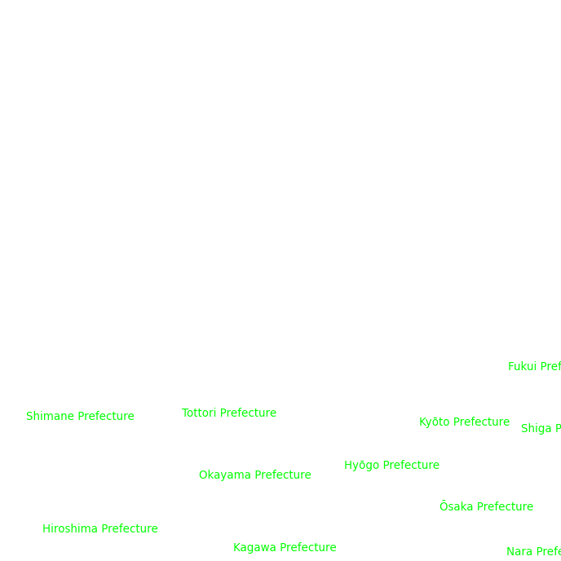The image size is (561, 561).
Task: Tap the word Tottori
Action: coord(199,413)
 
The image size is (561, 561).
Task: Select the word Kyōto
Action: coord(435,422)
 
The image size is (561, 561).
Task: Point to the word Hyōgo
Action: coord(362,466)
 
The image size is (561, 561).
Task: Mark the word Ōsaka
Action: coord(456,507)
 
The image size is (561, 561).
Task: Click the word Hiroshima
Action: coord(70,529)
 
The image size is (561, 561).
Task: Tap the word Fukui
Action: coord(522,367)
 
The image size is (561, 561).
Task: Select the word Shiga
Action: coord(536,429)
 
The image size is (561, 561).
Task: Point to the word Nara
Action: coord(519,552)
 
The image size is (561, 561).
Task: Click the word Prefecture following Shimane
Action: coord(106,417)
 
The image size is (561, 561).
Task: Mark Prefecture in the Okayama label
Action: coord(283,475)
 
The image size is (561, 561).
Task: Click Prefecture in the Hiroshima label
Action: coord(130,529)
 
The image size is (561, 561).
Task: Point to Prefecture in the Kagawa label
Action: coord(308,548)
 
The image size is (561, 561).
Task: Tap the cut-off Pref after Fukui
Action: coord(550,367)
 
